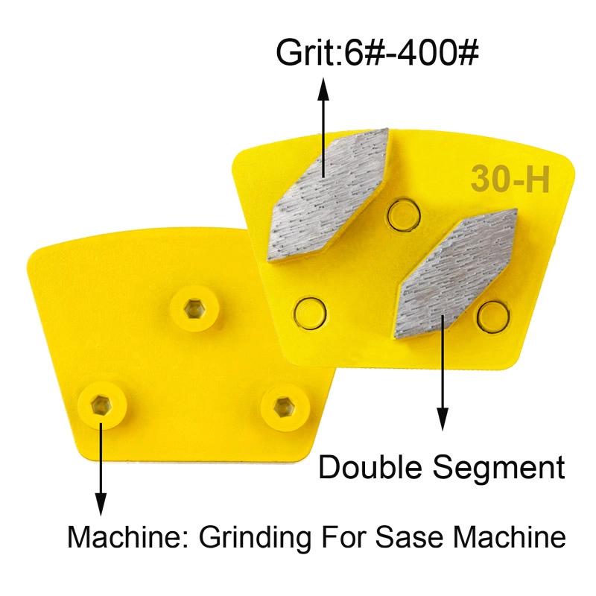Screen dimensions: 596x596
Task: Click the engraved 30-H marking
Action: point(510,180)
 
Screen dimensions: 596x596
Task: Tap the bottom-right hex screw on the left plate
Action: point(282,406)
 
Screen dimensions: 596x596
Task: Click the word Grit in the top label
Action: point(300,54)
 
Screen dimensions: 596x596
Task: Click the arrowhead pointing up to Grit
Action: point(323,89)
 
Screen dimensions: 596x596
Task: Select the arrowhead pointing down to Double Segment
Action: point(443,422)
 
